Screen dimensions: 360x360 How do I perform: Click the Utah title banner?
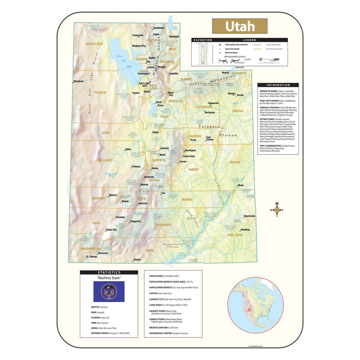click(240, 26)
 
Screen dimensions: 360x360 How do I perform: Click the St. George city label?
click(91, 257)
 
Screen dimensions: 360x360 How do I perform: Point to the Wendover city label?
click(79, 81)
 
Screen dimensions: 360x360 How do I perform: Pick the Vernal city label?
click(240, 95)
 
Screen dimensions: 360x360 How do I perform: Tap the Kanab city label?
click(137, 259)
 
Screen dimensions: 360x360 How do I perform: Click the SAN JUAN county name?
click(234, 235)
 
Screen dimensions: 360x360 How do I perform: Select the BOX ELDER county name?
click(94, 44)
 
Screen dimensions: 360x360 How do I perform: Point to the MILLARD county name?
click(105, 160)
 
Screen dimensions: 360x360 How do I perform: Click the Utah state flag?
click(109, 292)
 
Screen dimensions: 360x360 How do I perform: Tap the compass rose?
click(277, 210)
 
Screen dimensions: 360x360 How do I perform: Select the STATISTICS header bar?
click(109, 273)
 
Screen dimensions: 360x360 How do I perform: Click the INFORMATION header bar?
click(278, 85)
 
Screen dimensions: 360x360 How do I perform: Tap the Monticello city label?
click(249, 216)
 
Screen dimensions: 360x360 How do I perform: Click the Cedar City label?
click(111, 230)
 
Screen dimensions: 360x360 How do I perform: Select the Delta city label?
click(128, 149)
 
